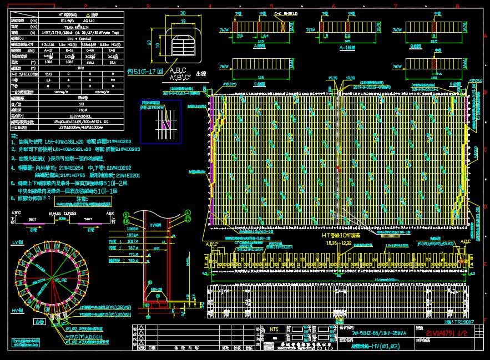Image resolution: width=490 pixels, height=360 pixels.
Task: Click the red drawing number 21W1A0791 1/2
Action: (x=447, y=332)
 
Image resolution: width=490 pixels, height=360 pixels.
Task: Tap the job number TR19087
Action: (x=460, y=321)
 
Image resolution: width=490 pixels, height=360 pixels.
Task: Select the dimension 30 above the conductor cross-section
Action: (x=183, y=12)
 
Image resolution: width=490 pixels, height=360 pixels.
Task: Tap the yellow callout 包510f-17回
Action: (x=145, y=72)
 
